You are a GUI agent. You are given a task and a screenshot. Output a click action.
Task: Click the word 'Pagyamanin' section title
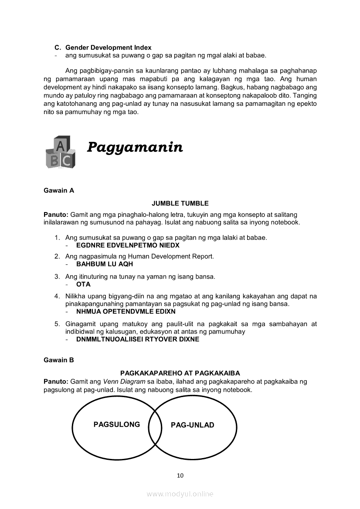tap(135, 148)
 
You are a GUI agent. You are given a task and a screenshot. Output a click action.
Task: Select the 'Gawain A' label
tap(59, 190)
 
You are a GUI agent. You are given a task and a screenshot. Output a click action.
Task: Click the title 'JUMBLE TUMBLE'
tap(180, 203)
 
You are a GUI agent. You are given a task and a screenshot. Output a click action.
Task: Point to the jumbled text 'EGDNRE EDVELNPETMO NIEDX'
tap(128, 245)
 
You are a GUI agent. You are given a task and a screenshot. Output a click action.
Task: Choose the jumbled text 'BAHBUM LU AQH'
tap(105, 264)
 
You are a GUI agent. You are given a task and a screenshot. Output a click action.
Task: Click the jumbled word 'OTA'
tap(83, 284)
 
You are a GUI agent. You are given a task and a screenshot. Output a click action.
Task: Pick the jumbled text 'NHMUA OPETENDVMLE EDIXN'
tap(126, 312)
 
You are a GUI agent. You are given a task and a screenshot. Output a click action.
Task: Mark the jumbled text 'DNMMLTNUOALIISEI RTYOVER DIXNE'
tap(137, 339)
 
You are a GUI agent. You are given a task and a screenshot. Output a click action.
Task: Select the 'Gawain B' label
tap(59, 360)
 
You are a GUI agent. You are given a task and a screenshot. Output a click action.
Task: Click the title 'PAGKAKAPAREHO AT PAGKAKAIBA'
tap(180, 373)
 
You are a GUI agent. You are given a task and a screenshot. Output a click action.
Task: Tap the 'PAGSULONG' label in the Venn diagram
tap(117, 425)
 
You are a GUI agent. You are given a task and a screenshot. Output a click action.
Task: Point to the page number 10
tap(180, 475)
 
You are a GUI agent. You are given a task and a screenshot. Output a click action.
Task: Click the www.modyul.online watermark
tap(180, 494)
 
